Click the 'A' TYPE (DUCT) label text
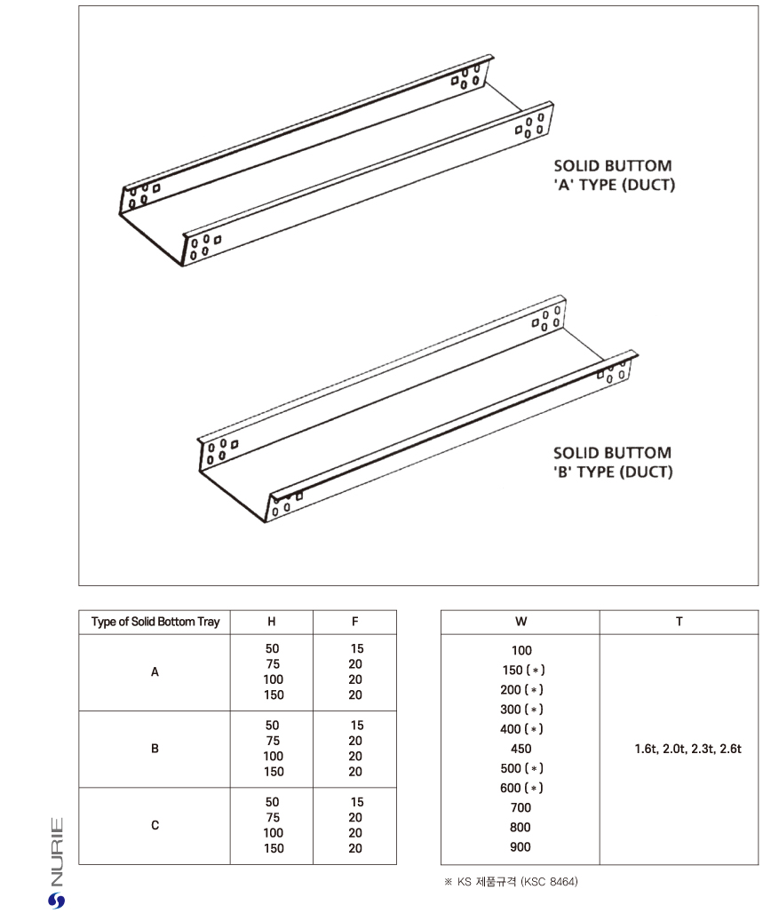click(x=614, y=186)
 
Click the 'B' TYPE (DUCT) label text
click(x=613, y=472)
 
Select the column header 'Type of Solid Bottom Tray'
click(x=155, y=622)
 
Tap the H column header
click(x=272, y=622)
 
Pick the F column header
click(x=355, y=622)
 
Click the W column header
click(x=521, y=622)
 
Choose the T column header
click(x=679, y=622)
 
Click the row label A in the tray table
click(x=155, y=672)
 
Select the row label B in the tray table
click(x=155, y=749)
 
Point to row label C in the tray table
click(x=155, y=825)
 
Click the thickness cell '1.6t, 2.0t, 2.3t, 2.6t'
click(x=687, y=749)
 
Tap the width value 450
click(x=521, y=749)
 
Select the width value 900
click(x=521, y=846)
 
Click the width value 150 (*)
click(x=521, y=671)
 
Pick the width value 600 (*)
click(x=521, y=788)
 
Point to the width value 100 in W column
click(x=521, y=651)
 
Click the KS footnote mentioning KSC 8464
click(x=511, y=882)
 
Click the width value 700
click(x=521, y=807)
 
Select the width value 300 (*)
click(x=521, y=710)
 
